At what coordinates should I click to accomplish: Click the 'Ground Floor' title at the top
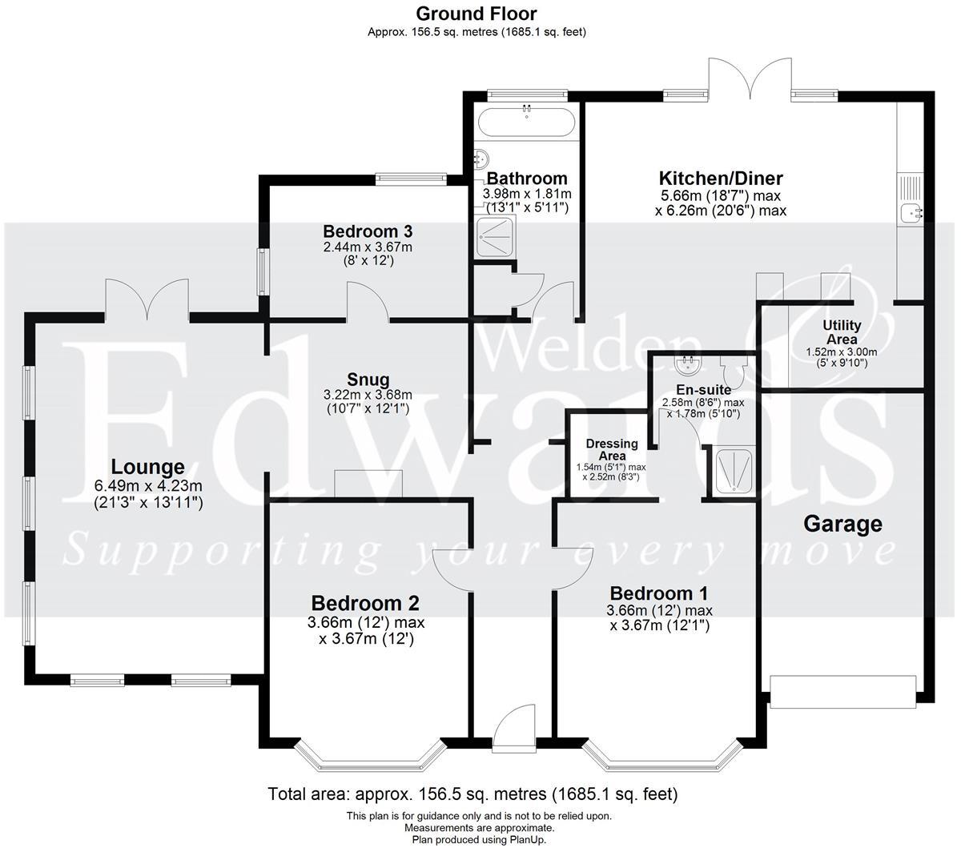point(476,14)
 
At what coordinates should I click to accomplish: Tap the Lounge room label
point(147,467)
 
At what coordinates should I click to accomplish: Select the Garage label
point(842,524)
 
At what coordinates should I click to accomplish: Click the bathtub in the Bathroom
point(525,123)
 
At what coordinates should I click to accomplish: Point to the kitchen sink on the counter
point(911,213)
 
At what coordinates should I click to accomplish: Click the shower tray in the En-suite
point(730,472)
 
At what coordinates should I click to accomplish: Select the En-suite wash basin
point(687,367)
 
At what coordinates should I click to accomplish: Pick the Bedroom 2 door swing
point(448,566)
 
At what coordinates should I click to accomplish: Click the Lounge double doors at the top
point(147,299)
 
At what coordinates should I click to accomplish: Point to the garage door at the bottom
point(842,691)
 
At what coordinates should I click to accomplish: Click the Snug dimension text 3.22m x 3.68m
point(368,395)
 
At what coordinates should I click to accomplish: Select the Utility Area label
point(842,332)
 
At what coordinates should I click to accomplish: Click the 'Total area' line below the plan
point(472,794)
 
